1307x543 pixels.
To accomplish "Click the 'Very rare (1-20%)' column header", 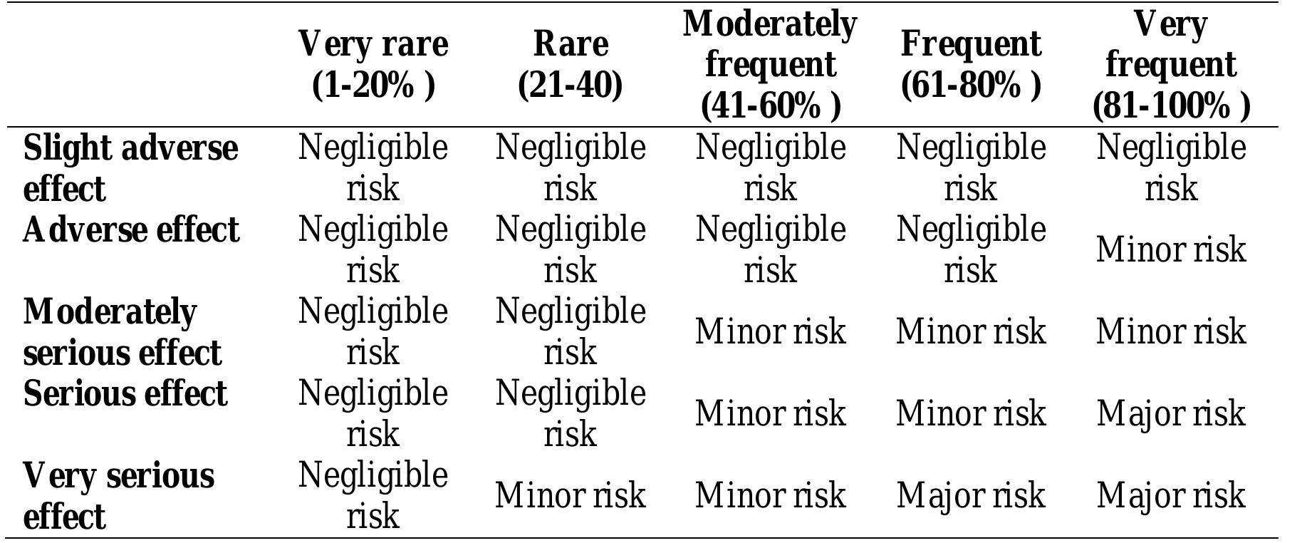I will [x=373, y=64].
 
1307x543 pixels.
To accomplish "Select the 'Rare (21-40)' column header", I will [x=570, y=64].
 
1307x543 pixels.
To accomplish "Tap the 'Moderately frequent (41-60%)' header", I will [x=770, y=64].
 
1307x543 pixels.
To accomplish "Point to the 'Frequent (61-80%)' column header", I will [x=970, y=64].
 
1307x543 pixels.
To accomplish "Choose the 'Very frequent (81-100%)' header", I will [x=1170, y=64].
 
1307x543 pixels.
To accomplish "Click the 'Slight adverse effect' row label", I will [x=130, y=168].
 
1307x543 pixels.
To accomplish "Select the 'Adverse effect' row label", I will [x=130, y=230].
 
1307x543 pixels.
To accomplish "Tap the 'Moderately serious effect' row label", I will [x=122, y=332].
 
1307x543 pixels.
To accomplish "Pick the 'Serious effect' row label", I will [x=125, y=393].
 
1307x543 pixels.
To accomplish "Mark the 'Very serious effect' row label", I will [x=118, y=495].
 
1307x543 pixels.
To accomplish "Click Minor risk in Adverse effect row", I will [x=1170, y=250].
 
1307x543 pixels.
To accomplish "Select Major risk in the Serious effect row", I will [x=1170, y=413].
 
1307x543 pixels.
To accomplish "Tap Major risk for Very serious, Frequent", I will [x=970, y=495].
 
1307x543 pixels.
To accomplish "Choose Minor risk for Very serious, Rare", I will [x=570, y=495].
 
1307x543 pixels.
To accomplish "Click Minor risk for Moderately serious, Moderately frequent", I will [x=770, y=332].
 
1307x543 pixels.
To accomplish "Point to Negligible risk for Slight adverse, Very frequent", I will [x=1170, y=168].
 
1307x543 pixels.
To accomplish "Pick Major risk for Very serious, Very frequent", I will [x=1170, y=495].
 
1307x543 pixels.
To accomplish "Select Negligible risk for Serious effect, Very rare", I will [x=373, y=413].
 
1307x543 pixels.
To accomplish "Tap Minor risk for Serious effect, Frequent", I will [x=970, y=413].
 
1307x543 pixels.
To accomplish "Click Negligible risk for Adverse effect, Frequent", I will [x=970, y=250].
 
